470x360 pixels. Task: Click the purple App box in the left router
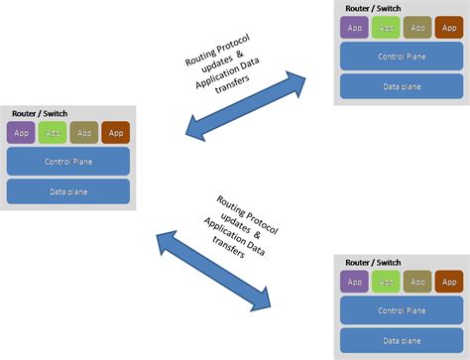tap(21, 132)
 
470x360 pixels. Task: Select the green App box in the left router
tap(53, 132)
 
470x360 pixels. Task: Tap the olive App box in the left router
tap(84, 132)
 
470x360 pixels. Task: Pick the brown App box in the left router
tap(116, 132)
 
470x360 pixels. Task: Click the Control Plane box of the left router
tap(68, 161)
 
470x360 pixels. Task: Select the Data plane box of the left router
tap(68, 190)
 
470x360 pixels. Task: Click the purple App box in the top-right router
tap(354, 28)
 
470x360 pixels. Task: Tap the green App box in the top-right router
tap(386, 28)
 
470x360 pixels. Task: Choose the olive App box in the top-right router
tap(417, 28)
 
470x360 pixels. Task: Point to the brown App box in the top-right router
tap(449, 28)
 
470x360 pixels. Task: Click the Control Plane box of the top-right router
tap(402, 57)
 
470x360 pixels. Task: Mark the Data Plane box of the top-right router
tap(402, 86)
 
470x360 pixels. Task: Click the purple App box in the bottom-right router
tap(354, 281)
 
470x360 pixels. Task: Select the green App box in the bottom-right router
tap(386, 281)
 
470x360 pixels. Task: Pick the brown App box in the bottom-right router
tap(449, 281)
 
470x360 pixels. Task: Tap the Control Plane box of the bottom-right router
tap(402, 309)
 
